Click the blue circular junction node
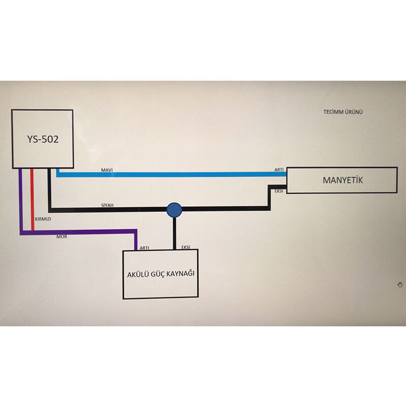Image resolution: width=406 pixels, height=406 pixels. click(x=174, y=209)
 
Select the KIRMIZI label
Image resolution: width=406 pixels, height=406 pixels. click(x=43, y=219)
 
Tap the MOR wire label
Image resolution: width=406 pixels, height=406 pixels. click(x=61, y=237)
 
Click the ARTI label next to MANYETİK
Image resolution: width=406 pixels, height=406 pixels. click(x=279, y=170)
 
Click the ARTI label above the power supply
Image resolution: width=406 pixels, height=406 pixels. click(x=144, y=248)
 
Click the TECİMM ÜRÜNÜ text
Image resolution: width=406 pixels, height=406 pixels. click(x=344, y=112)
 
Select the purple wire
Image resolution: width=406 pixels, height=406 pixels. click(x=81, y=232)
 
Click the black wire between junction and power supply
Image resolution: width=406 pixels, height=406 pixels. click(x=174, y=233)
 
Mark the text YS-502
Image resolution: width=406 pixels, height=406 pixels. click(x=43, y=139)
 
